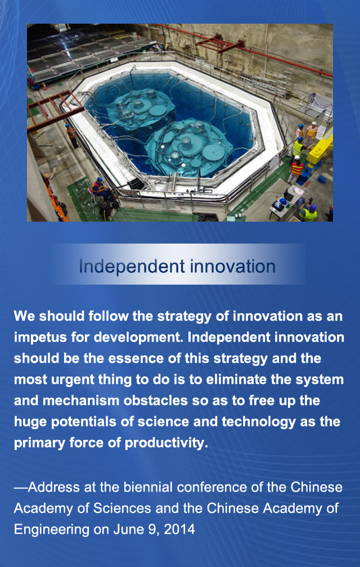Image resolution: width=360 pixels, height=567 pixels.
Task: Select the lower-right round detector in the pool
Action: coord(181,147)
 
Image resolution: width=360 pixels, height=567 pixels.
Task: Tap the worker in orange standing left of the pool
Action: coord(71,136)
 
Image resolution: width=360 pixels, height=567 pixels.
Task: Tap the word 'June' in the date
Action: coord(128,529)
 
